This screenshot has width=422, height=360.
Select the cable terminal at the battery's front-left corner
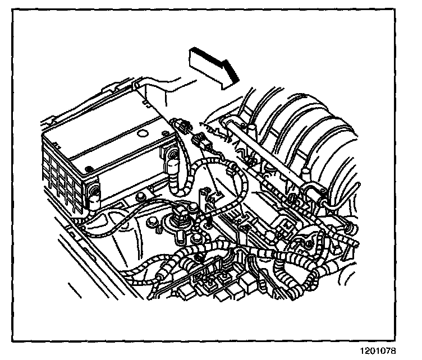pos(93,193)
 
